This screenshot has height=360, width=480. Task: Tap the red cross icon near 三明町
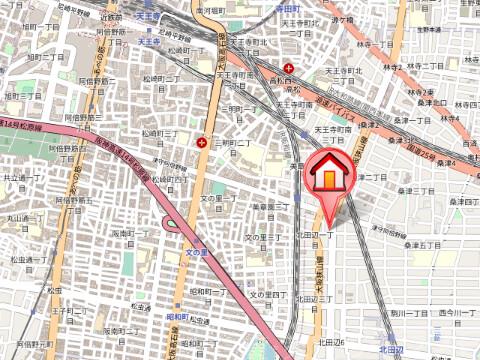(x=205, y=142)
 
